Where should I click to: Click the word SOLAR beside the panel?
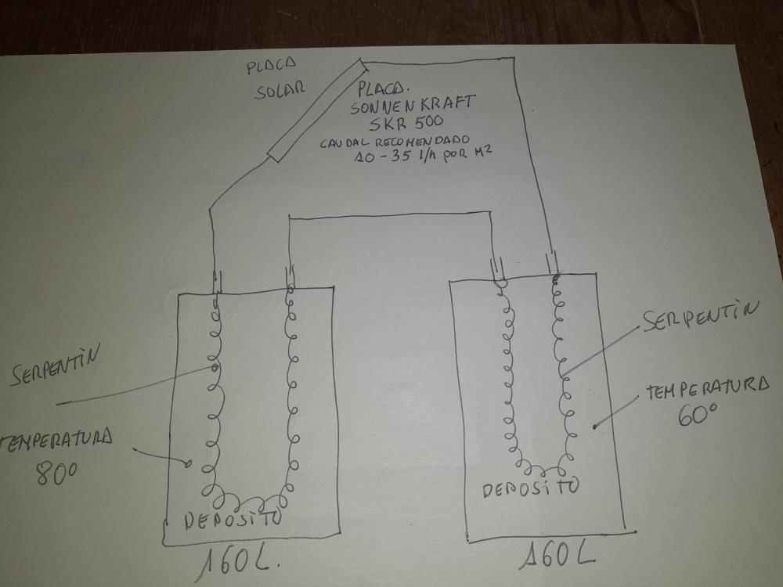tap(280, 90)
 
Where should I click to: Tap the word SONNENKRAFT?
tap(413, 105)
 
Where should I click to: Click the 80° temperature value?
tap(57, 472)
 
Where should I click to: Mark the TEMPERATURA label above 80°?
tap(56, 440)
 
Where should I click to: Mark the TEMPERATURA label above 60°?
tap(707, 388)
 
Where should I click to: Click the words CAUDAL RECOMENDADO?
tap(395, 141)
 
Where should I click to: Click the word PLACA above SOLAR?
tap(271, 66)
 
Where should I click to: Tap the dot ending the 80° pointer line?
tap(188, 463)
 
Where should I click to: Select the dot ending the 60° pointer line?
tap(595, 427)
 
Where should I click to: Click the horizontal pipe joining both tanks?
tap(389, 215)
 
